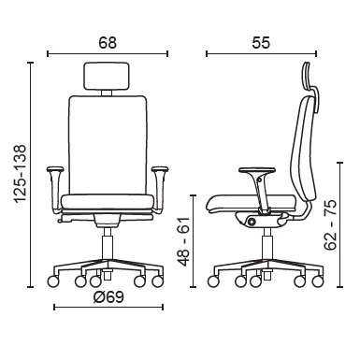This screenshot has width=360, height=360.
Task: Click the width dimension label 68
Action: coord(108,43)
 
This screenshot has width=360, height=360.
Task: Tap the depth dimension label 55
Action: coord(261,43)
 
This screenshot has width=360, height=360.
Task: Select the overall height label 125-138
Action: coord(22,174)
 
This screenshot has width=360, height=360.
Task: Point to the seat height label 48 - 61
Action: coord(184,241)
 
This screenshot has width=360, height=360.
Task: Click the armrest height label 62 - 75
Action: coord(330,224)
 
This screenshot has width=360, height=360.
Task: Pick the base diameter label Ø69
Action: coord(108,297)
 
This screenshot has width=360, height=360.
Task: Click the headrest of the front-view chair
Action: coord(107,76)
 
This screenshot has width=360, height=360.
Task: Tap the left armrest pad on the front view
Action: coord(55,169)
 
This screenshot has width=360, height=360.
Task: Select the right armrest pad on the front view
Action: coord(160,169)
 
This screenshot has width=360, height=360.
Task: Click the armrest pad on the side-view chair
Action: coord(257,170)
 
